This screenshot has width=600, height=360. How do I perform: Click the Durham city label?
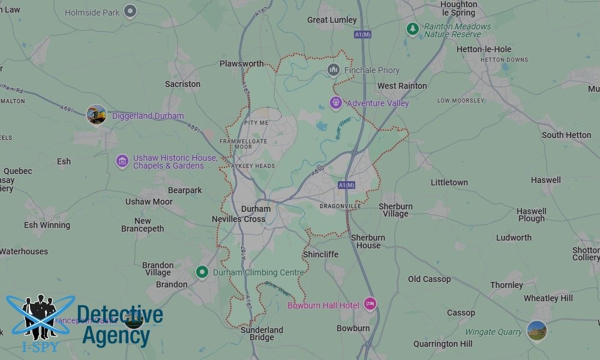[x=256, y=209]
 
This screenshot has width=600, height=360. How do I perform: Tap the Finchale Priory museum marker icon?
[x=334, y=70]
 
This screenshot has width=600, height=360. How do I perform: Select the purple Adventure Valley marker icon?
[x=336, y=103]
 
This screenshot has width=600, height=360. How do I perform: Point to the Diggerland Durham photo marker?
[x=96, y=115]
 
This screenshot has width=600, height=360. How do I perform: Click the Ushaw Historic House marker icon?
[x=122, y=161]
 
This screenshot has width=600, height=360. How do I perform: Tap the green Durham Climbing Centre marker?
[x=202, y=272]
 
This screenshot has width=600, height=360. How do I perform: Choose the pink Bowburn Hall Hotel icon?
[x=370, y=305]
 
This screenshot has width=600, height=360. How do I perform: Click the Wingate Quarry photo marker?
[x=536, y=331]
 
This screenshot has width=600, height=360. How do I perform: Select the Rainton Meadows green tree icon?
[x=412, y=28]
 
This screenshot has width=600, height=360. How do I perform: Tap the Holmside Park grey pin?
[x=130, y=11]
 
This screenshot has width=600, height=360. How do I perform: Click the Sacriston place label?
[x=182, y=84]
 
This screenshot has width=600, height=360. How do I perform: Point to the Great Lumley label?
[x=332, y=20]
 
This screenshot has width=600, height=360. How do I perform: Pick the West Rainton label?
[x=402, y=86]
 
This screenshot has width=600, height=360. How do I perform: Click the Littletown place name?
[x=449, y=182]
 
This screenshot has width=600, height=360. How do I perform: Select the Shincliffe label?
[x=320, y=254]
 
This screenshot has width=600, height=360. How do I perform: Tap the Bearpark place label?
[x=185, y=190]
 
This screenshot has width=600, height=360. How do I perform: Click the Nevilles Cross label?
[x=239, y=219]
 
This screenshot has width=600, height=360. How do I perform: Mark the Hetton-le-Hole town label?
[x=484, y=49]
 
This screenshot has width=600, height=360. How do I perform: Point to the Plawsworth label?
[x=241, y=64]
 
